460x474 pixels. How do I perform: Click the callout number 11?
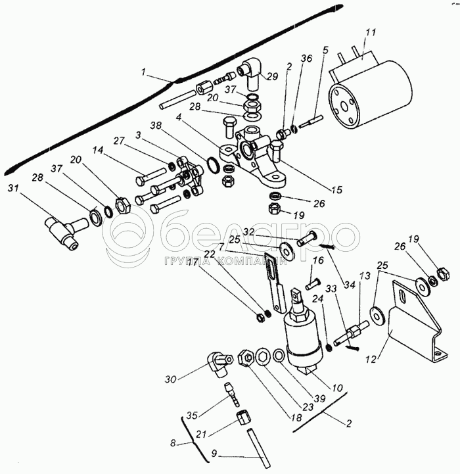370,32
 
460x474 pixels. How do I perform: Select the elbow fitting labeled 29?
250,72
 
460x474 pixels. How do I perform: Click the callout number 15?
336,191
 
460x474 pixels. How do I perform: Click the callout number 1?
143,72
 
